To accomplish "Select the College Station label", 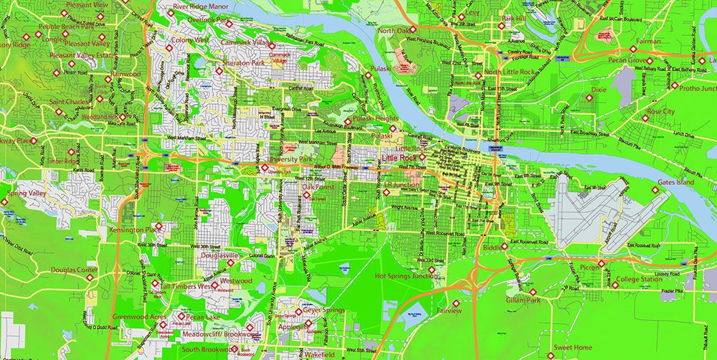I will [640, 279].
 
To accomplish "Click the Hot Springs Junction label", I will [406, 275].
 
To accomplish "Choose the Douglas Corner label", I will [74, 270].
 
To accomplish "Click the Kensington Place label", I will [132, 229].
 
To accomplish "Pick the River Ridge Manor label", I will [201, 6].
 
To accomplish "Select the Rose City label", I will [660, 112].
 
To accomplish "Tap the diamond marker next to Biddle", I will [505, 246].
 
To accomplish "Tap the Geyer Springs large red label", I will [323, 311].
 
